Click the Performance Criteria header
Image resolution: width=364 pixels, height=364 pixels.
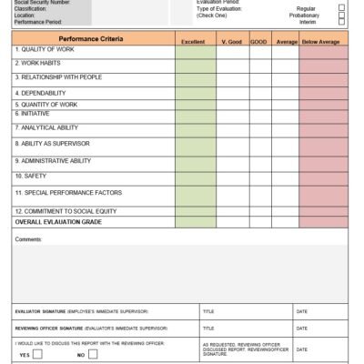93,39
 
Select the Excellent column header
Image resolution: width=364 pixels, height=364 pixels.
194,42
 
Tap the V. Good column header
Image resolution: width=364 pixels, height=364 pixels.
232,42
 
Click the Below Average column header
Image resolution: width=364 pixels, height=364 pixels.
323,42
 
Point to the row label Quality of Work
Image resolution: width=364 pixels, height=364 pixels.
45,50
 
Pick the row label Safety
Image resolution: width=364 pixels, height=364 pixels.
30,175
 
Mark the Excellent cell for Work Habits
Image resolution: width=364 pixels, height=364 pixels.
194,64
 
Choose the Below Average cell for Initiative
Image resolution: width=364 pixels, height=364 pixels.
323,114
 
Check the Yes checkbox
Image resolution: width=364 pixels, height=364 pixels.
37,355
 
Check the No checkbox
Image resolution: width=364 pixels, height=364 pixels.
93,355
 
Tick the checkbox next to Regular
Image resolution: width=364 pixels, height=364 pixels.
341,7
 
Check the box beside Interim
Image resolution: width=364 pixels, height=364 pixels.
341,22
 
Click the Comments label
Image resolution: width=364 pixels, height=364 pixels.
29,238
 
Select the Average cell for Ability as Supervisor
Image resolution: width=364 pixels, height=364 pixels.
286,144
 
